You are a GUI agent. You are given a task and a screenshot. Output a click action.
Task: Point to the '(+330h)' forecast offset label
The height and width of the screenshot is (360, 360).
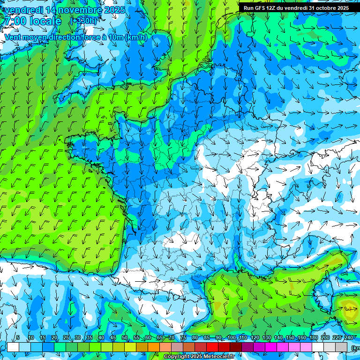coord(83,21)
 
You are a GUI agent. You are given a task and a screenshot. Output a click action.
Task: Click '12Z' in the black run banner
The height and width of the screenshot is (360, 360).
coord(272,8)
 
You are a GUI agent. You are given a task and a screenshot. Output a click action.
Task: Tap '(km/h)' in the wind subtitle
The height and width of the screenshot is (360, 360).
coord(136,37)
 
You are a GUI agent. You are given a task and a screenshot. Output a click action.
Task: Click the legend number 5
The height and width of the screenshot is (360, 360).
coord(18,338)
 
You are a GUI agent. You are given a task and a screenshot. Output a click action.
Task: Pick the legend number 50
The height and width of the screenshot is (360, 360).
coord(125,338)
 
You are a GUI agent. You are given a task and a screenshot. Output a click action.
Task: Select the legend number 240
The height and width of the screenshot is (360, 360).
coord(349,338)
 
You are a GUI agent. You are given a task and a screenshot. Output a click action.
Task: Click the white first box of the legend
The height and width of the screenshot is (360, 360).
coord(13,347)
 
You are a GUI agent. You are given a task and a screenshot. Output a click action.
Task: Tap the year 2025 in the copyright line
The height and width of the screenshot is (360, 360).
coord(193,357)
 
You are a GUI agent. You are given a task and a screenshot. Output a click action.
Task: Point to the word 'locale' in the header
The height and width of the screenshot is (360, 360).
coord(46,21)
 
